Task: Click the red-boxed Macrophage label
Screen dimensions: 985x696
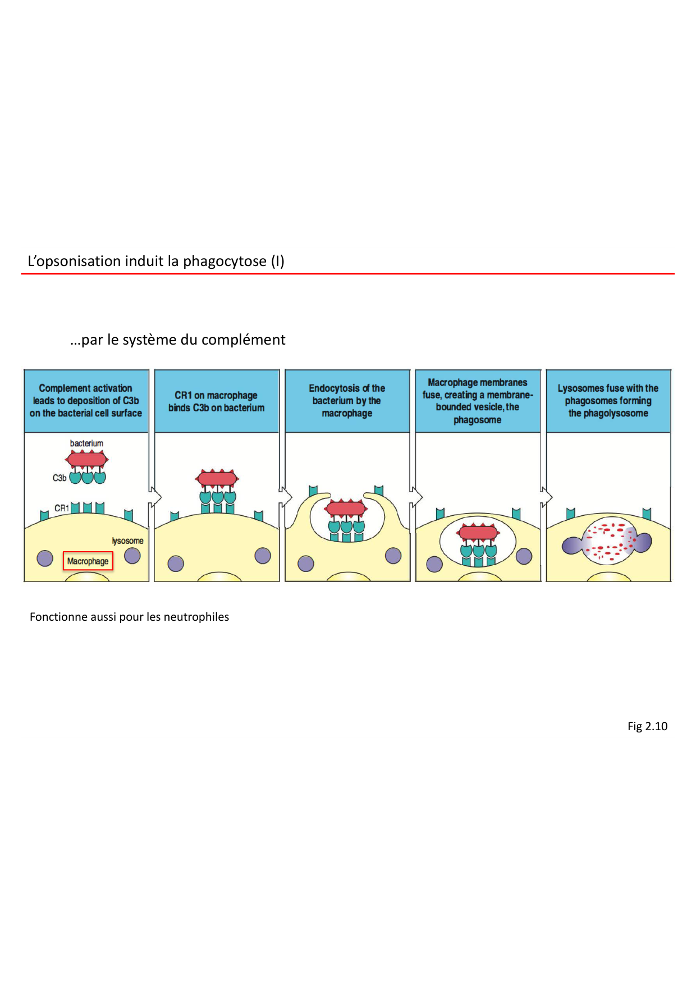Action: tap(88, 561)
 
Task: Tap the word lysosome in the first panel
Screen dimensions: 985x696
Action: tap(127, 540)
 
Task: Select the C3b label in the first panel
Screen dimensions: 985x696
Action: tap(59, 478)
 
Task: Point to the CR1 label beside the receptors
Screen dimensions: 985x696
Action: tap(61, 508)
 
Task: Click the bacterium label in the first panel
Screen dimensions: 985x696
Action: tap(86, 443)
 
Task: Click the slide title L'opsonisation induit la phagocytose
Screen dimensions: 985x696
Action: tap(156, 261)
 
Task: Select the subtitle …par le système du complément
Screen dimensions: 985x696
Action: tap(178, 340)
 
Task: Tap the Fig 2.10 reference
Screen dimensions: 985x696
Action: tap(647, 726)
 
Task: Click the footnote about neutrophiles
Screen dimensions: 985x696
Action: tap(129, 617)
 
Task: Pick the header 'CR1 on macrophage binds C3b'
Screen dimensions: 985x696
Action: tap(217, 401)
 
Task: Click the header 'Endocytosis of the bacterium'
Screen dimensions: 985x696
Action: tap(347, 401)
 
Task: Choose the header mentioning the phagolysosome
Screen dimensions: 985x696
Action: tap(608, 401)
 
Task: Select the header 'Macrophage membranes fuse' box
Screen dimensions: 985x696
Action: tap(478, 401)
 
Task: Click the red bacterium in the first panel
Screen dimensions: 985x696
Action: tap(87, 460)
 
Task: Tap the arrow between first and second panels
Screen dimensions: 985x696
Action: tap(154, 497)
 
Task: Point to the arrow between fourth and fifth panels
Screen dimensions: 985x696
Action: tap(546, 497)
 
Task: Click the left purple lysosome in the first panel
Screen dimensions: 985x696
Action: tap(45, 558)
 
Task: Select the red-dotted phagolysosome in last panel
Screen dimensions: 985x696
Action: tap(608, 541)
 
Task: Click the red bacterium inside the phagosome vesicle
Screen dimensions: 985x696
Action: tap(478, 533)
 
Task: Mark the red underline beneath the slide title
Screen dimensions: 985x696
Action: tap(348, 273)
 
